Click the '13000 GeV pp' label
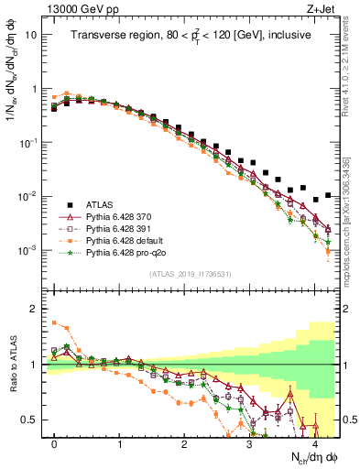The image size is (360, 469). [76, 9]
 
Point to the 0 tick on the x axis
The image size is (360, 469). [55, 443]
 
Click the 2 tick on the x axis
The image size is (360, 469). [184, 443]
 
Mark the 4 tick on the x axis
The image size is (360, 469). [314, 443]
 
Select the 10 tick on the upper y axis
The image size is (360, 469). [33, 35]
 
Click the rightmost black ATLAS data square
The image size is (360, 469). [328, 195]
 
